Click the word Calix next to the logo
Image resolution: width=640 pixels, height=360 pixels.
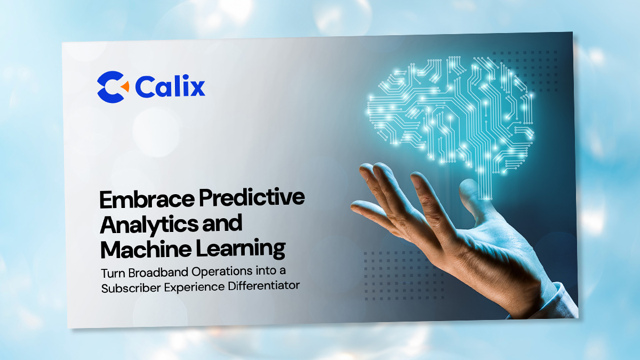point(170,86)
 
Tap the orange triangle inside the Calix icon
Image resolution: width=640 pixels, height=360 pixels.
point(124,86)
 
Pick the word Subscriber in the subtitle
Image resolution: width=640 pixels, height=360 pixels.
point(128,286)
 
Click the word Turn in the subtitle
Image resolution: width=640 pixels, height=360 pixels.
point(111,273)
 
